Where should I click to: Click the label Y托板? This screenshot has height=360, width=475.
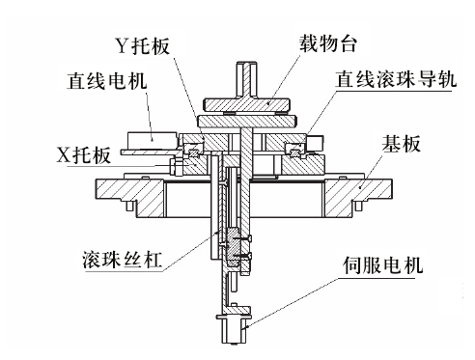(x=143, y=46)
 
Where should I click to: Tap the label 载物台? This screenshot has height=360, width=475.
(x=328, y=43)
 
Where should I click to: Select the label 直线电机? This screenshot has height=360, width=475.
(x=107, y=80)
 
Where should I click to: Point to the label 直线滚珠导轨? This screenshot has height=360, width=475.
(x=396, y=79)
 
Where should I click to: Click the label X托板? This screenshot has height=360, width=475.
(x=84, y=155)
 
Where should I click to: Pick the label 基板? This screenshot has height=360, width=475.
(x=401, y=144)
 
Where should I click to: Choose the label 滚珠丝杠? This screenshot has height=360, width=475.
(x=122, y=259)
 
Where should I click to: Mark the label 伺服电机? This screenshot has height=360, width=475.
(x=382, y=265)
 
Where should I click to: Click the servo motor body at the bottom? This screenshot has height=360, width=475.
(x=235, y=330)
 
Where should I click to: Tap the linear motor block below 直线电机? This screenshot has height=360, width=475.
(x=152, y=140)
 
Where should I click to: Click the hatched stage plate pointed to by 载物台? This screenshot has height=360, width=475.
(x=246, y=104)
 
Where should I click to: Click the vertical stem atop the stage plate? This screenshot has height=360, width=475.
(x=247, y=79)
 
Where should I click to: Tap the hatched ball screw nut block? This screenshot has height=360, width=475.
(x=233, y=247)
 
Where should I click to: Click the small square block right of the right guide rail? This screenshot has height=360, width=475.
(x=316, y=143)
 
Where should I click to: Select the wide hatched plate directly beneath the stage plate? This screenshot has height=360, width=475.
(x=247, y=121)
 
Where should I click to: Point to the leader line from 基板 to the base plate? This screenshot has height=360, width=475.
(x=371, y=169)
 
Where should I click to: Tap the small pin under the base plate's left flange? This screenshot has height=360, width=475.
(x=129, y=206)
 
